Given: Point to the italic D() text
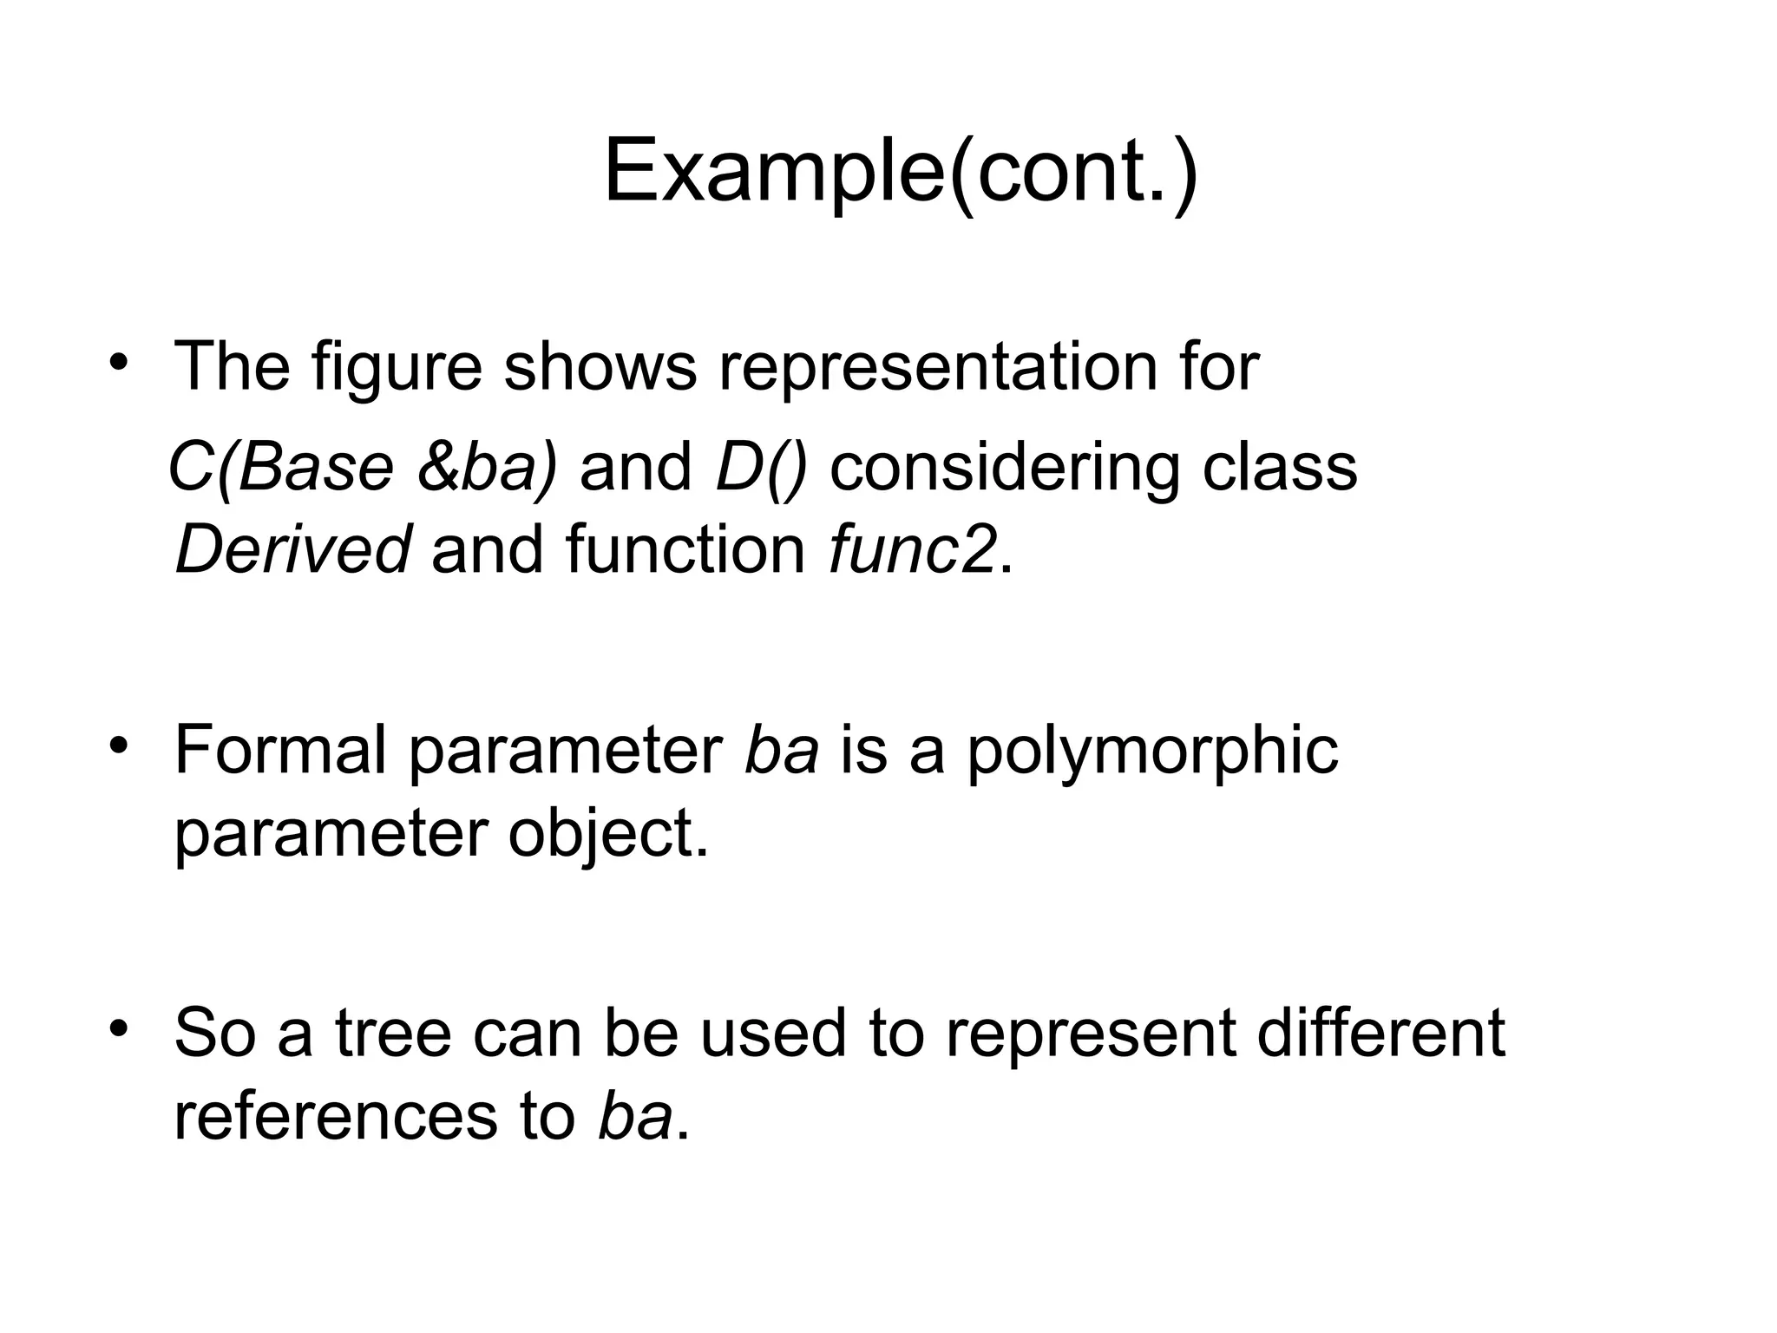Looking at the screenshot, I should (x=761, y=468).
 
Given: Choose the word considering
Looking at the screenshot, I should (x=1005, y=468).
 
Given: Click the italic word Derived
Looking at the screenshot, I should (x=292, y=549).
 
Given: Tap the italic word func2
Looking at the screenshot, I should (x=911, y=549).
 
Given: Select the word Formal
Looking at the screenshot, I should (x=279, y=749).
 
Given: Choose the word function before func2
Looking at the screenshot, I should (x=685, y=549).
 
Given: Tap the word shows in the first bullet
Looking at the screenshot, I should (x=600, y=367).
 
